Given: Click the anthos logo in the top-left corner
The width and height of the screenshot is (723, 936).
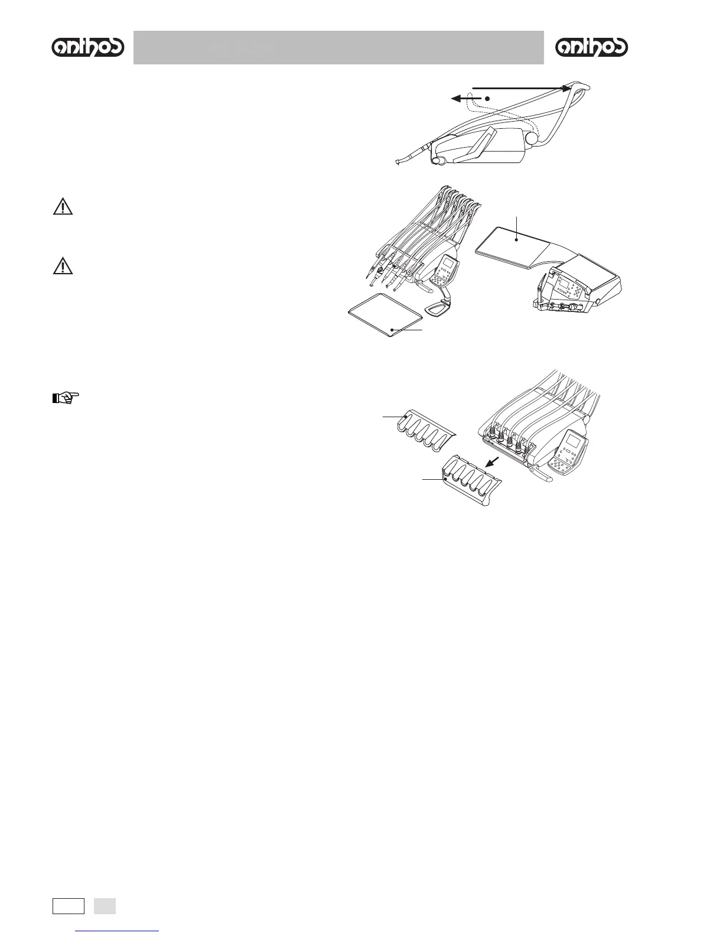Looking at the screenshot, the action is point(88,48).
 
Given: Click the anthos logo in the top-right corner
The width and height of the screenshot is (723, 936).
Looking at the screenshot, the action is point(592,48).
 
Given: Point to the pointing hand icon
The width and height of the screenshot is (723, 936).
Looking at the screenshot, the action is point(66,398).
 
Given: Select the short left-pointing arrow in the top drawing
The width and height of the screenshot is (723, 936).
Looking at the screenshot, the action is point(465,99).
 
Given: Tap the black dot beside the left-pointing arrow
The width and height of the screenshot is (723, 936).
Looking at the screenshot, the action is point(488,98).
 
